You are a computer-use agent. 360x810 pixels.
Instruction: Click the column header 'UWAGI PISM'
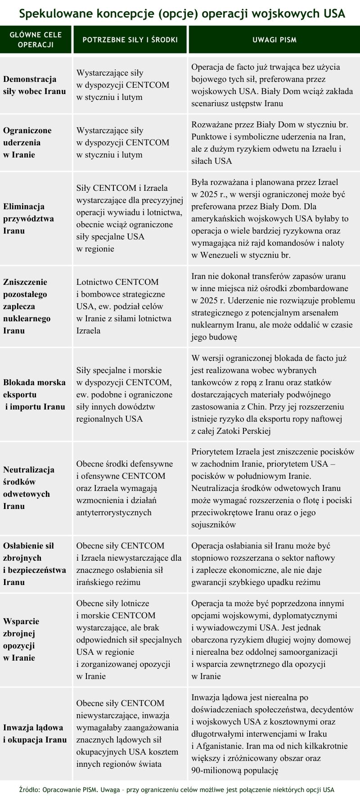274,40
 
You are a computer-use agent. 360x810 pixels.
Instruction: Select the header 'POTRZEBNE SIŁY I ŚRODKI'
130,40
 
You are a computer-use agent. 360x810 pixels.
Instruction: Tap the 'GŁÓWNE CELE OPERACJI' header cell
36,40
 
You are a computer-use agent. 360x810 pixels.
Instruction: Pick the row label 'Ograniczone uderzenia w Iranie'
27,143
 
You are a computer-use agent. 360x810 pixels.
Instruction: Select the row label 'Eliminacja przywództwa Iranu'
28,219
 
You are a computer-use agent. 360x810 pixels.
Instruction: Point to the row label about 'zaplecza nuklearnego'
27,306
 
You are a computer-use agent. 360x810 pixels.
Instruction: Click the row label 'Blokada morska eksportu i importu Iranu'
34,395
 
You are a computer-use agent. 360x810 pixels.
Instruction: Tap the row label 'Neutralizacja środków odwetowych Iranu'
29,488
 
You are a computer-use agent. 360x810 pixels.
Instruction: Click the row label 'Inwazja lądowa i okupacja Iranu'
35,733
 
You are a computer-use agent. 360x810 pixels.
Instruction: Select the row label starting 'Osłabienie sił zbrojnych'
35,564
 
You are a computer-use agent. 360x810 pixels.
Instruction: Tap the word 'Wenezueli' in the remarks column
216,255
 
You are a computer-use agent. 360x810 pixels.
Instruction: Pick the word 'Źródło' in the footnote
29,790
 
